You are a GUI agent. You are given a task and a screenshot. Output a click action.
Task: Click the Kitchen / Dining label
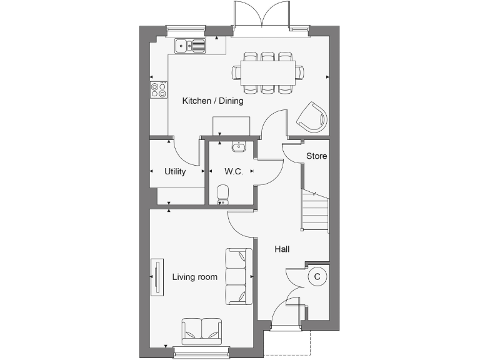point(212,101)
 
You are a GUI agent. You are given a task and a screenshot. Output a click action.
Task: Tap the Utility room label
point(175,172)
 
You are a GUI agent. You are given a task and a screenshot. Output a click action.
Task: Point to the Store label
point(316,156)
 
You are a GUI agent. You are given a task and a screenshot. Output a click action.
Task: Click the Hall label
point(282,249)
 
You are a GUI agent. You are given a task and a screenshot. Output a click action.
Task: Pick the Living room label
point(195,277)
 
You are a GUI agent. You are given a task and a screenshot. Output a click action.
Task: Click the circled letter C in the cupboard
point(317,276)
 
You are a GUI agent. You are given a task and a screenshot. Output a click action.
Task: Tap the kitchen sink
point(191,45)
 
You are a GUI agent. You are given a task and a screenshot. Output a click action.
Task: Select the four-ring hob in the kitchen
point(159,90)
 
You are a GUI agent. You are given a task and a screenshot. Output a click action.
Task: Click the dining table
point(267,72)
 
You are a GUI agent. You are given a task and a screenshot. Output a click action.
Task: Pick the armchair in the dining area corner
point(312,117)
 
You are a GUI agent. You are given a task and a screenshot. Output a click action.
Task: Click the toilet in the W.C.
point(222,194)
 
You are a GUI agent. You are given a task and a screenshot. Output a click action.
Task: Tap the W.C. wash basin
point(239,147)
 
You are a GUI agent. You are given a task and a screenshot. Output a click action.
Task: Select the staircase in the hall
point(316,211)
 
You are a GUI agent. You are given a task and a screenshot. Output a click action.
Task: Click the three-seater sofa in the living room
point(239,276)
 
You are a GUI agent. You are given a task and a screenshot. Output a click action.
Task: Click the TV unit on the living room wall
point(156,277)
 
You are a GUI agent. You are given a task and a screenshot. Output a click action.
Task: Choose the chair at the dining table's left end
point(237,73)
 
